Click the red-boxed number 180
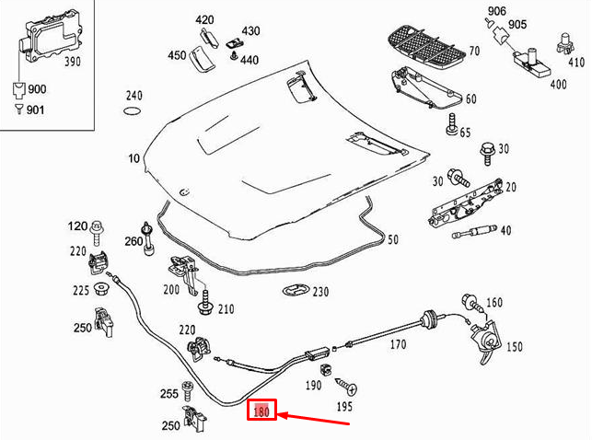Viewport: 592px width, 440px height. pyautogui.click(x=262, y=411)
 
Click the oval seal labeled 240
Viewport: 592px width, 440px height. pyautogui.click(x=133, y=112)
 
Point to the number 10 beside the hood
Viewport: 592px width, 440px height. pyautogui.click(x=134, y=159)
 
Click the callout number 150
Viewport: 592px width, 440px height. pyautogui.click(x=515, y=346)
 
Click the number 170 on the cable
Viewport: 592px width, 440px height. pyautogui.click(x=397, y=346)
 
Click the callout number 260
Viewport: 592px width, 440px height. pyautogui.click(x=133, y=241)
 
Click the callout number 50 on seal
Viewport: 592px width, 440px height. pyautogui.click(x=392, y=239)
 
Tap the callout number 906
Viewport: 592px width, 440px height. pyautogui.click(x=497, y=11)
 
